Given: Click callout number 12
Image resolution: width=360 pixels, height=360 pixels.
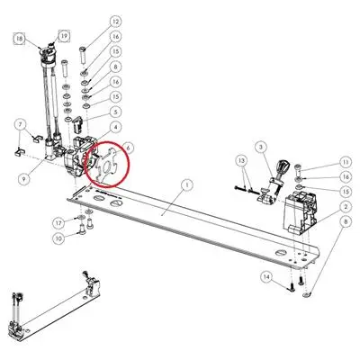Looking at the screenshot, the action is coord(115,22).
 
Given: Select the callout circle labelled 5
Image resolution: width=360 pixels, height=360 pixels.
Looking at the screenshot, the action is coord(115,112).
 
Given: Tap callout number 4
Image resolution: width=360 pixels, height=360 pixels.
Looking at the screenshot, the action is coord(115,127).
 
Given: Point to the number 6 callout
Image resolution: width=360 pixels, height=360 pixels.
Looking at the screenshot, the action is coord(128,148).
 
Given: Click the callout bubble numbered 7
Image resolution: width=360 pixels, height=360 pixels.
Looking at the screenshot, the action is coord(21,123).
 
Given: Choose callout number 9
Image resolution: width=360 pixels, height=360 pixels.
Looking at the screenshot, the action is coord(24,179).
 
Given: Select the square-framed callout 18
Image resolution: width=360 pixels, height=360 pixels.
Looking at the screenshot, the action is coord(20,39).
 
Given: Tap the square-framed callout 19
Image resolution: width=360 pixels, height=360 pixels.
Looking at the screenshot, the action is coord(64,36).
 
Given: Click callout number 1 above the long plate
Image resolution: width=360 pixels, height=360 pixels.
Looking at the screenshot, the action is coord(187,185).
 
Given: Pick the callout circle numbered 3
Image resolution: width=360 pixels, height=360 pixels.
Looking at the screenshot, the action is coord(261,147).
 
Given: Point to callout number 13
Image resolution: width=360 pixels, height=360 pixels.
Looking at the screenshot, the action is coord(242,160).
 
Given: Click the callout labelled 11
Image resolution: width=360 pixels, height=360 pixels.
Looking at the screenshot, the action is coord(346,162).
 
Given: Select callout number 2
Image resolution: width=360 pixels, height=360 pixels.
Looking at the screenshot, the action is coord(346,207).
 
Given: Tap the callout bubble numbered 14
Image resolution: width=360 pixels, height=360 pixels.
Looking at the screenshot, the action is coord(266,276).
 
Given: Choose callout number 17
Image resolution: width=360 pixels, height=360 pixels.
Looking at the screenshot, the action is coord(58,223).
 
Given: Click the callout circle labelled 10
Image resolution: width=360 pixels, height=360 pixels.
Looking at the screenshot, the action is coord(58,238).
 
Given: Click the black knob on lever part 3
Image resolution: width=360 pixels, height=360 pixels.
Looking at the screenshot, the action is coord(283,166).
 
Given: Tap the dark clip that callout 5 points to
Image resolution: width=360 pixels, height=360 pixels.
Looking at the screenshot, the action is coord(77,123).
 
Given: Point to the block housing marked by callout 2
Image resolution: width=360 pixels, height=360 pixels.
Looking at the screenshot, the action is coord(300,212).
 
